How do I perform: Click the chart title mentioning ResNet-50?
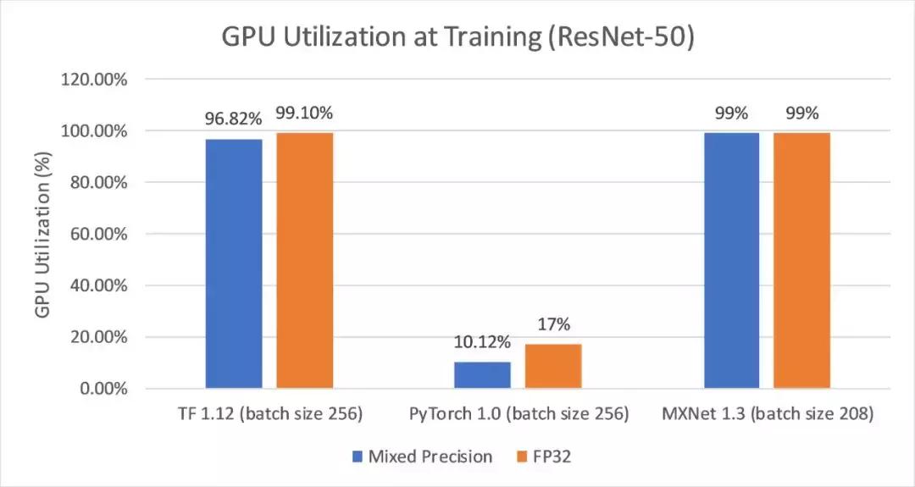click(x=457, y=37)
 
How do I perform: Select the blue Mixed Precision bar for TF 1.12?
click(x=234, y=263)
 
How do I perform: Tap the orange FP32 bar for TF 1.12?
click(x=304, y=260)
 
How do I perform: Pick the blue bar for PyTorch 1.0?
click(x=482, y=375)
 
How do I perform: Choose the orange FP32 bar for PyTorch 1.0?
click(x=553, y=366)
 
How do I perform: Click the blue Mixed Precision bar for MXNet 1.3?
click(x=731, y=260)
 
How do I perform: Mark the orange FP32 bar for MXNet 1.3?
click(x=801, y=260)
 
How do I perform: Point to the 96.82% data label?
click(x=234, y=119)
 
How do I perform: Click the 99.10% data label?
click(x=304, y=113)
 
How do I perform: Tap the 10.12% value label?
click(x=482, y=342)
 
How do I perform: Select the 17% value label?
click(x=553, y=324)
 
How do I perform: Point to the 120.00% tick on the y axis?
click(x=92, y=80)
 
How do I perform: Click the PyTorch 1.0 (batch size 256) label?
click(x=518, y=414)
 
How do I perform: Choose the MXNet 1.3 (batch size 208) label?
click(x=767, y=414)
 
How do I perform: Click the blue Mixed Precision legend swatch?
click(x=357, y=457)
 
